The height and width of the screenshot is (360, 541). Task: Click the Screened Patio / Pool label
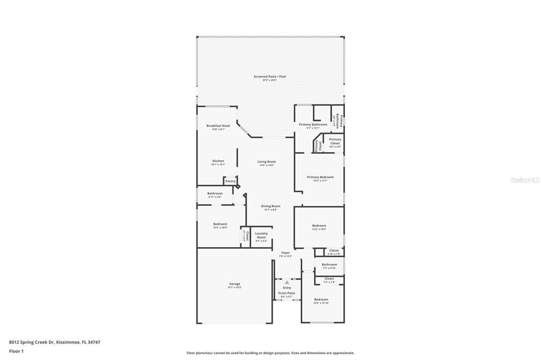coord(269,77)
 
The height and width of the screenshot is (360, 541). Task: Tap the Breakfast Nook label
coord(218,126)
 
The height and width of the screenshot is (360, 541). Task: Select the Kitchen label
coord(218,162)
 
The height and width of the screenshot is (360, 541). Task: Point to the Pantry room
coord(230,181)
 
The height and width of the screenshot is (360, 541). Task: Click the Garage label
coord(235,285)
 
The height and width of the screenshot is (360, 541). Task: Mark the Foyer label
coord(285,253)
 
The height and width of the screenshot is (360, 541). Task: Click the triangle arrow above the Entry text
coord(287,282)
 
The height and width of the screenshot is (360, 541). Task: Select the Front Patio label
coord(287,293)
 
